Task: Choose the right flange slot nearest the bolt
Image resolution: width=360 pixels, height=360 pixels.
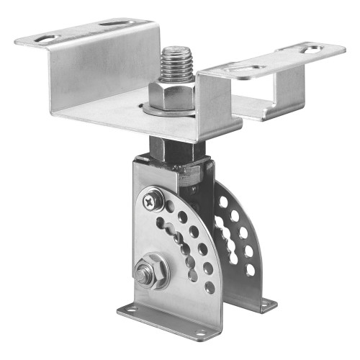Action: coord(247,68)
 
